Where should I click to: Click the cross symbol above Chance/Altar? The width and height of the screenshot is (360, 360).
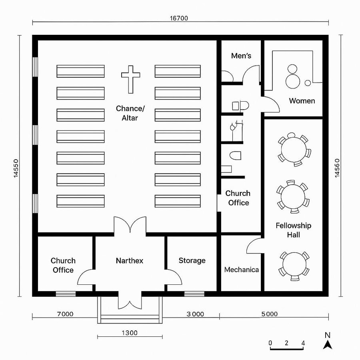[x=131, y=79]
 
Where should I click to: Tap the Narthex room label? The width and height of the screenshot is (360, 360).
[x=130, y=261]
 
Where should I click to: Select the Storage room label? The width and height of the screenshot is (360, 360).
[x=192, y=261]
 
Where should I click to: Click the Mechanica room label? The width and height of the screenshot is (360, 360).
[x=241, y=270]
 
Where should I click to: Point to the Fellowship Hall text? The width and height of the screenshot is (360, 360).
[x=293, y=230]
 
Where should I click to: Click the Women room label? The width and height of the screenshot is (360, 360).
[x=302, y=101]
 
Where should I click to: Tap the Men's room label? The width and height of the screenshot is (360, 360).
[x=241, y=56]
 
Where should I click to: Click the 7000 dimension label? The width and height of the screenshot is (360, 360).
[x=65, y=314]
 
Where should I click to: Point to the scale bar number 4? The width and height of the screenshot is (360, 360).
[x=303, y=343]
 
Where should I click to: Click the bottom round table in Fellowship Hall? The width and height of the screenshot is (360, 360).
[x=294, y=264]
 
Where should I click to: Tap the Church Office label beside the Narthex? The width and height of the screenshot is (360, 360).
[x=63, y=265]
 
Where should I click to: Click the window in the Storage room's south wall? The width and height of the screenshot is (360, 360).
[x=194, y=294]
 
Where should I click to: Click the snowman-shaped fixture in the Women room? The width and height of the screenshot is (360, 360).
[x=292, y=77]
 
